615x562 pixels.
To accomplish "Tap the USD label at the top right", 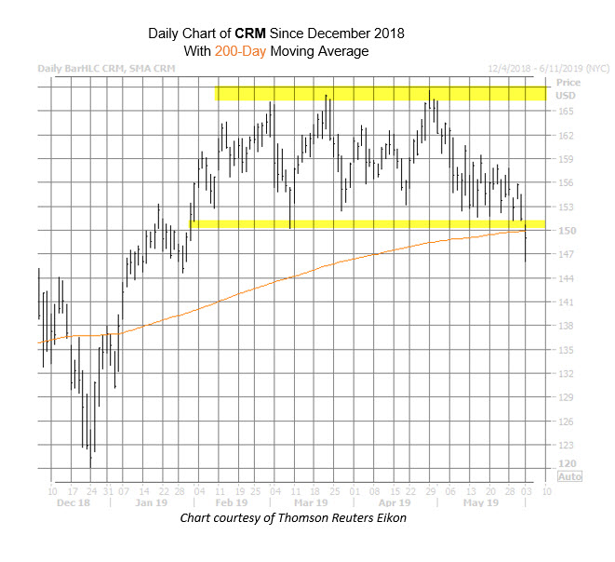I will pos(565,95).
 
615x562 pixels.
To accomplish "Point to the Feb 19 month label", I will pos(232,503).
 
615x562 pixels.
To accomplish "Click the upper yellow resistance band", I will pos(381,93).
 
